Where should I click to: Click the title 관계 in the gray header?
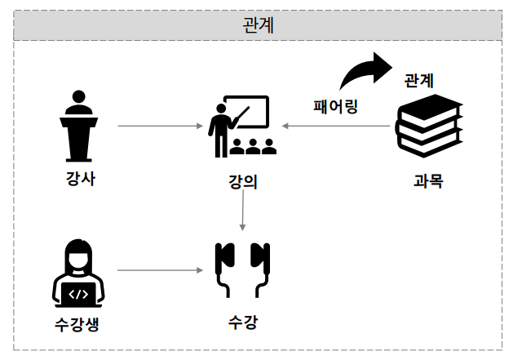(x=258, y=24)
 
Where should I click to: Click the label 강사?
(x=80, y=179)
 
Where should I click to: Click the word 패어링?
(x=336, y=106)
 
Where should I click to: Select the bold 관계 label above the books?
(x=419, y=81)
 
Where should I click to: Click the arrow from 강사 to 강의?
(x=160, y=127)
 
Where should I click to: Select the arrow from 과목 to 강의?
(x=338, y=127)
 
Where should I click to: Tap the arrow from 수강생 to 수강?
(x=160, y=269)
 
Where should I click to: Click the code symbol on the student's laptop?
(x=78, y=293)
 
